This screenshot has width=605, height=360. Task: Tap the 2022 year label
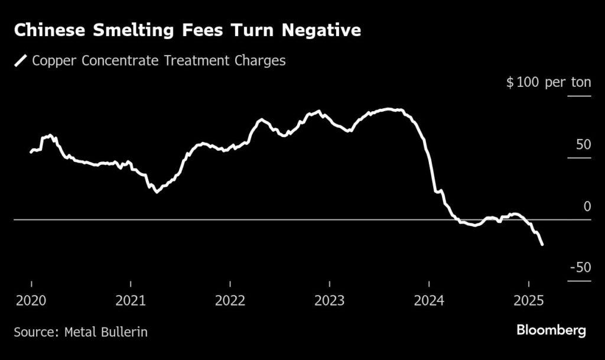tap(230, 301)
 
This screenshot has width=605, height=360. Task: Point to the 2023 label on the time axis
tap(329, 301)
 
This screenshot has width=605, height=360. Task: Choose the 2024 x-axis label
tap(429, 301)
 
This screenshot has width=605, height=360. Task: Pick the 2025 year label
tap(529, 301)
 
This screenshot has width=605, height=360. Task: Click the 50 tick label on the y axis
tap(583, 145)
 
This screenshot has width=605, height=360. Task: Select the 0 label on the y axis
tap(587, 206)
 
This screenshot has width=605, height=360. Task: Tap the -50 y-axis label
tap(580, 268)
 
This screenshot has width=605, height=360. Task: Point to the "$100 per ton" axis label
tap(548, 82)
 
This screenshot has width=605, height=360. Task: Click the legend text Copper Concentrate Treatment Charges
tap(159, 60)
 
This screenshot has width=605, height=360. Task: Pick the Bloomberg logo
tap(551, 330)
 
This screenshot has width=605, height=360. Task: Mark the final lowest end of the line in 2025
tap(542, 244)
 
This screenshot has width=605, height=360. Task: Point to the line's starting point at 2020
tap(31, 153)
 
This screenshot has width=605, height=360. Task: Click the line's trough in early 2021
tap(157, 192)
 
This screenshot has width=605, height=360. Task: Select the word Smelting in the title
tap(127, 31)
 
